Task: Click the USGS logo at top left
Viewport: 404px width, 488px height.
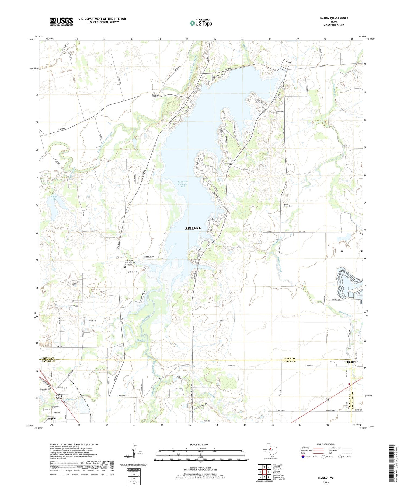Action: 61,22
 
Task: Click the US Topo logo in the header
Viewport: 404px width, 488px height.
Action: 201,23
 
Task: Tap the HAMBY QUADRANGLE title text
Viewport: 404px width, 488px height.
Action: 334,18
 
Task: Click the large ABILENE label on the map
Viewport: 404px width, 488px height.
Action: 193,228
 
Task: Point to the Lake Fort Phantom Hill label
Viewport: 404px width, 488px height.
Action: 183,184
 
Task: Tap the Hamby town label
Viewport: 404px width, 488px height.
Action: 351,362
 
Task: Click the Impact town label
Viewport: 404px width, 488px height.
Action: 52,419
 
